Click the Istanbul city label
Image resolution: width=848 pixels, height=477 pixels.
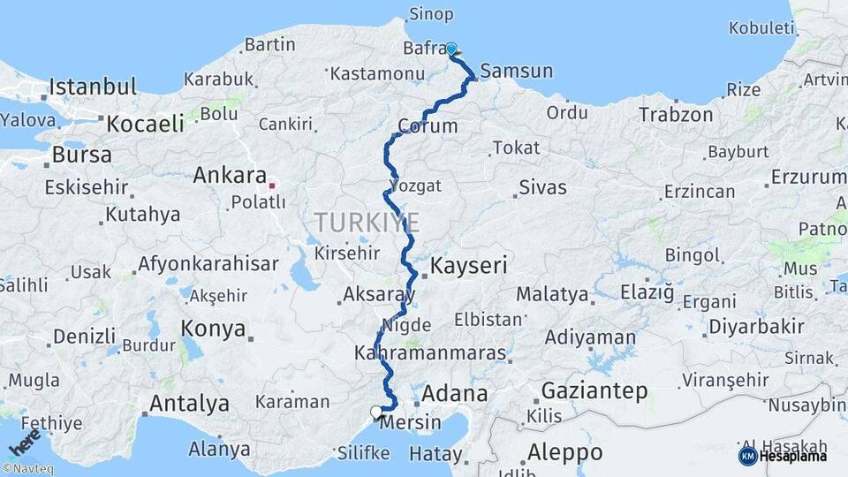(x=93, y=87)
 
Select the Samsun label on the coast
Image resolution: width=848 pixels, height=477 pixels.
(x=517, y=72)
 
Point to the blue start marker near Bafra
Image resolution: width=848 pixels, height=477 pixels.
(x=451, y=49)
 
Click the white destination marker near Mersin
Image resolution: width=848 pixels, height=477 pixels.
(x=376, y=412)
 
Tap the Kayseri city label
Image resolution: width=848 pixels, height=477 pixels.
(x=468, y=265)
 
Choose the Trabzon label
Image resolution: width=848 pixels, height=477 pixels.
(x=676, y=115)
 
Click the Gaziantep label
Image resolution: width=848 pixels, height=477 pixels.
(x=594, y=390)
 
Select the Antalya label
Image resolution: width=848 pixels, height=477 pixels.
(x=189, y=405)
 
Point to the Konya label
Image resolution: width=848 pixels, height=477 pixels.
(x=213, y=329)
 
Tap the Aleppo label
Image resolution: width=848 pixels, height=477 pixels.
(x=565, y=452)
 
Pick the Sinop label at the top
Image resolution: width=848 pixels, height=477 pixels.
(x=432, y=14)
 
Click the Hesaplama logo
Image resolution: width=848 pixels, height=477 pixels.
(x=783, y=456)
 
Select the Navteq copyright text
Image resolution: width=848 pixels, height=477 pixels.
(x=27, y=469)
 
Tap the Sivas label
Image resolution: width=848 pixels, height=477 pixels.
(x=542, y=187)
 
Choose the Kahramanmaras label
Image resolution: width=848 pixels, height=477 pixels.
(x=430, y=353)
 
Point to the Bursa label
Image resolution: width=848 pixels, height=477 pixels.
(x=82, y=155)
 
